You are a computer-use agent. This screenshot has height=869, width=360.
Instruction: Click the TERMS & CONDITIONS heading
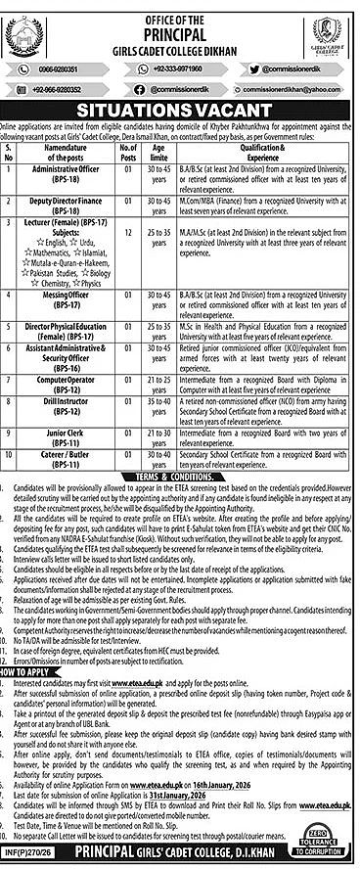tap(180, 446)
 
